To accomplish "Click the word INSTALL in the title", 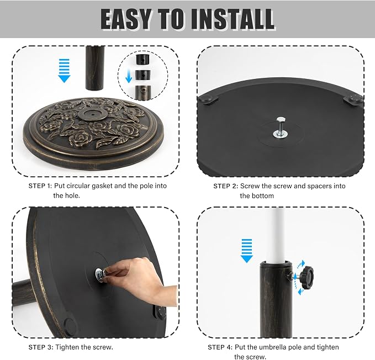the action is pos(233,19).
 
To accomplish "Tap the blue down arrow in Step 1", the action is pos(64,71).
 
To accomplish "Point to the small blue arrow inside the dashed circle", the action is pos(129,76).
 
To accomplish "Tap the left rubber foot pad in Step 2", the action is pos(208,99).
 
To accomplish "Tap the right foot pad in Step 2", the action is pos(353,99).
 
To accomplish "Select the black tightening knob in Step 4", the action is pos(307,277).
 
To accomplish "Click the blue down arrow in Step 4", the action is pos(246,251).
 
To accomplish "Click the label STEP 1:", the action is pos(40,186).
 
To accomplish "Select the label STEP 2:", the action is pos(225,186).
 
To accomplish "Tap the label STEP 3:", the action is pos(40,347).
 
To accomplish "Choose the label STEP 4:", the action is pos(220,347).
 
